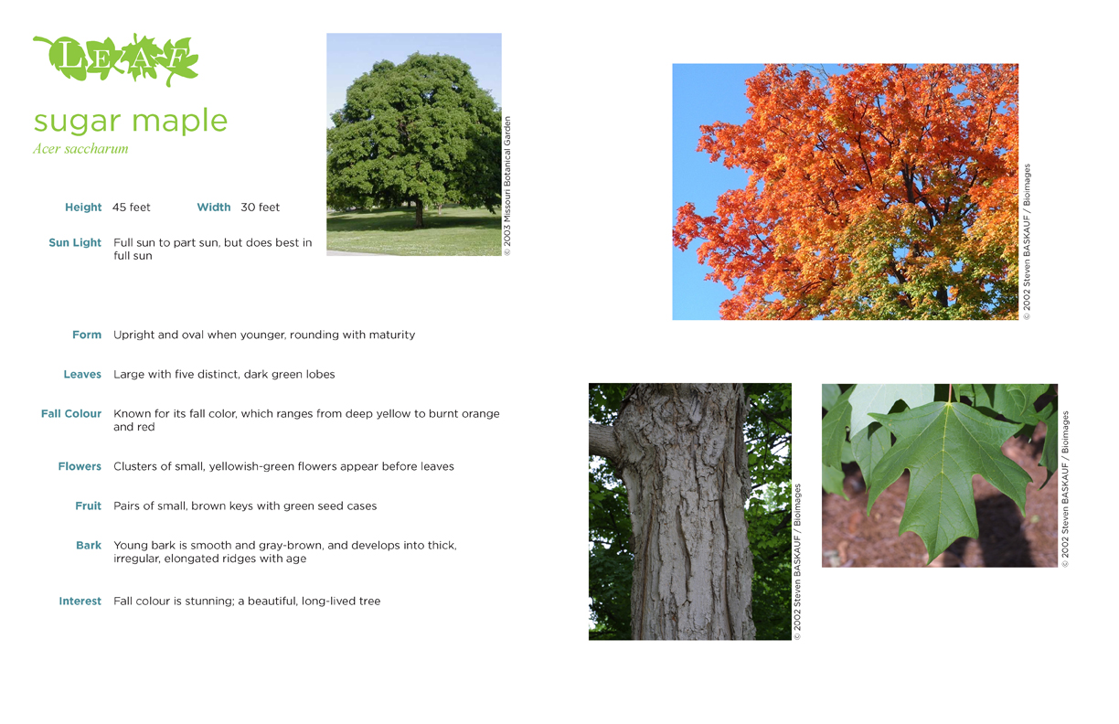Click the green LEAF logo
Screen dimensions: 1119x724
point(116,59)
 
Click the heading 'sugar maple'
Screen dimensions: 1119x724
point(131,121)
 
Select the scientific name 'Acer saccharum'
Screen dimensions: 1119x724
point(81,149)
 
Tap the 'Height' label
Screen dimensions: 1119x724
point(83,207)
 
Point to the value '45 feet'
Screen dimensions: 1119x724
point(131,207)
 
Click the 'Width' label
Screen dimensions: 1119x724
point(214,207)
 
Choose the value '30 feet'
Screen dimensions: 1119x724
point(261,207)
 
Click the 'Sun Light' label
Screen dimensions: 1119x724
point(75,243)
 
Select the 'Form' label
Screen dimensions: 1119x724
point(87,335)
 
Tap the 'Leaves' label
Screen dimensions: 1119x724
point(82,374)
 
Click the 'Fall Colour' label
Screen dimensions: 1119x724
point(71,414)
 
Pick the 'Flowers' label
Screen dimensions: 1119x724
point(80,466)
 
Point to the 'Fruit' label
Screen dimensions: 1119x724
point(89,506)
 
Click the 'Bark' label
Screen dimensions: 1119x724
point(89,545)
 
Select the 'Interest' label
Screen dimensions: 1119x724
point(80,601)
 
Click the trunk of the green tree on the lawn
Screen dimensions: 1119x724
point(419,215)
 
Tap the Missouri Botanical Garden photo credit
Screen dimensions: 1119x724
point(507,186)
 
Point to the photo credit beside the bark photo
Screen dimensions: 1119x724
point(797,561)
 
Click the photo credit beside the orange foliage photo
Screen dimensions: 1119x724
point(1027,242)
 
